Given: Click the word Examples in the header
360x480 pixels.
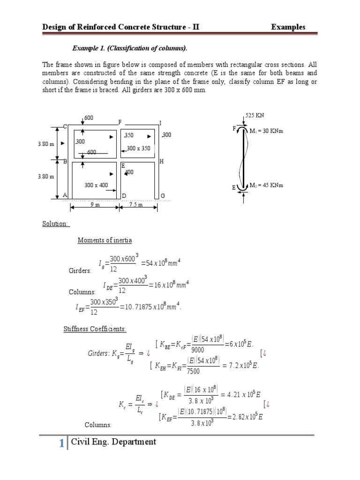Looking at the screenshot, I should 288,27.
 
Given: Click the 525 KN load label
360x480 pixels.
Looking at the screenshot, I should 255,115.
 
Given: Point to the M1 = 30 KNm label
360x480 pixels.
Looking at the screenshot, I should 266,131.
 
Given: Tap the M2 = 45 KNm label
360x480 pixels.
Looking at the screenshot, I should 266,185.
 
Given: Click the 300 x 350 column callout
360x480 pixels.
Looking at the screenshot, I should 139,149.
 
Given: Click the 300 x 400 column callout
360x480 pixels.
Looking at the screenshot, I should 96,185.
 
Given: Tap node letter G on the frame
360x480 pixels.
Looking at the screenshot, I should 163,195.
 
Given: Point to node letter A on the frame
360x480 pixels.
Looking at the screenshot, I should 65,195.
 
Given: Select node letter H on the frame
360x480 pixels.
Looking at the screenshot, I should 161,161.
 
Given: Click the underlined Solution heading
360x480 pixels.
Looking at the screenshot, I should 55,224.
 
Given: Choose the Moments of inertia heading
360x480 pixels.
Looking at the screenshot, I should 105,240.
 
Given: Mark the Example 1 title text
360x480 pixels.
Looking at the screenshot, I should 129,48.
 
